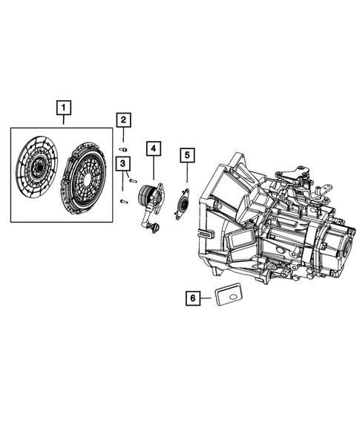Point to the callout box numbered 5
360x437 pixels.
(187, 155)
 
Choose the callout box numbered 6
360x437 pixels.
(193, 298)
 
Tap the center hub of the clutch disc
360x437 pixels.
(35, 168)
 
